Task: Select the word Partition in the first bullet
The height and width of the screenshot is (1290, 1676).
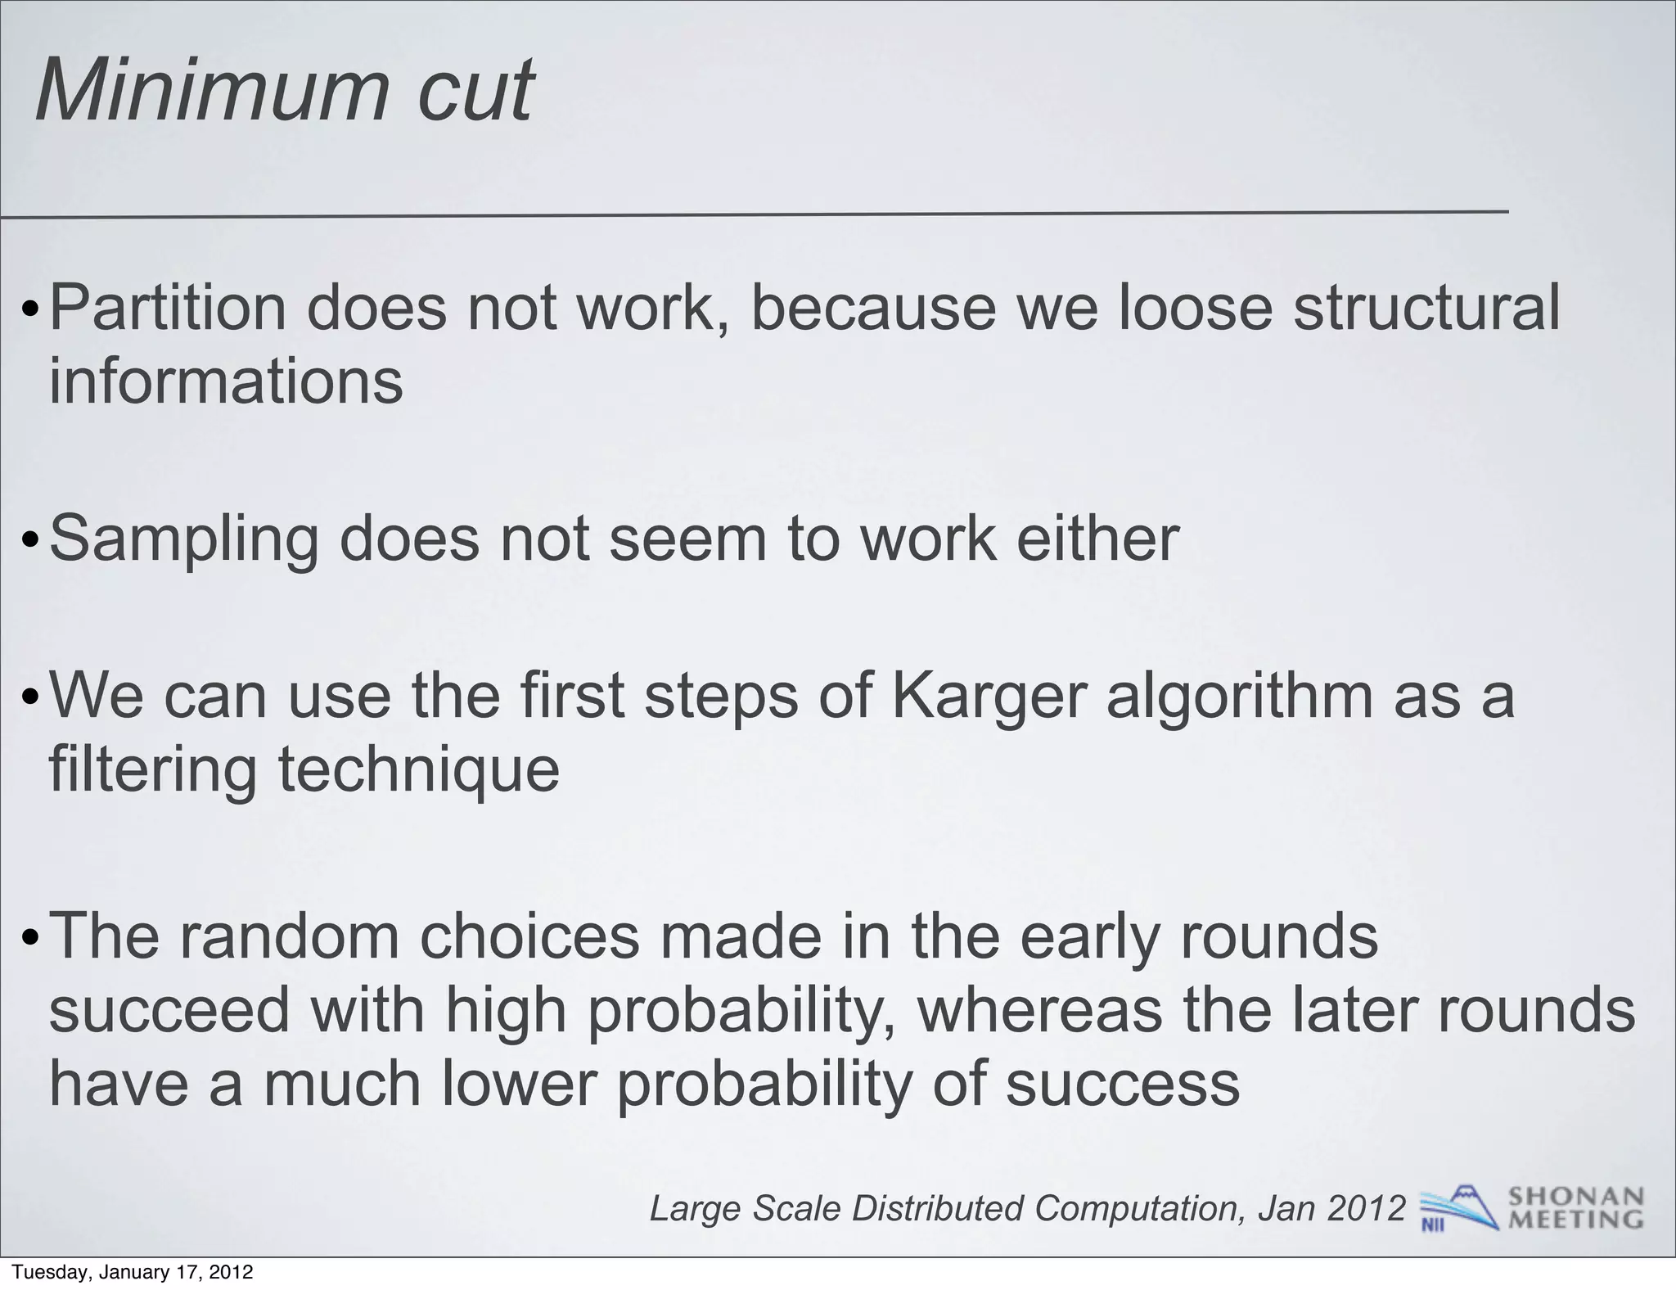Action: (169, 308)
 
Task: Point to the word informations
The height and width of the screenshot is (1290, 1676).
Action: (226, 381)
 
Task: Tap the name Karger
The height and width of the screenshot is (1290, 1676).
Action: (988, 696)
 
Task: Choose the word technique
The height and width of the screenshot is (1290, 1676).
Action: (419, 771)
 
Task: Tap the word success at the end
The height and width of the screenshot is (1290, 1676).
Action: (1122, 1083)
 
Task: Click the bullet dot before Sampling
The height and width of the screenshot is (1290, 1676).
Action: (30, 542)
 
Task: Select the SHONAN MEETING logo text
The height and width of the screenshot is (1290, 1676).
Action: (1575, 1207)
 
